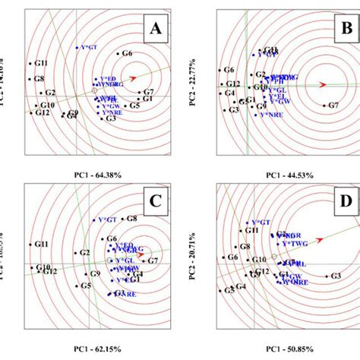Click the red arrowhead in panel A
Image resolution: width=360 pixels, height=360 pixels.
pyautogui.click(x=134, y=77)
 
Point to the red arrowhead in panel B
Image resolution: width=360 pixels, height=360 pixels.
pyautogui.click(x=323, y=84)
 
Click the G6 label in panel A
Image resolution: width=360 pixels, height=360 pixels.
pyautogui.click(x=127, y=53)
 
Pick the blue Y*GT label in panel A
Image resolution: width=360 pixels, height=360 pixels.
pyautogui.click(x=88, y=47)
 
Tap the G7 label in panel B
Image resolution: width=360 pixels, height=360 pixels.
pyautogui.click(x=332, y=106)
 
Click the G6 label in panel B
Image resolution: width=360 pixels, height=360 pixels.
pyautogui.click(x=229, y=70)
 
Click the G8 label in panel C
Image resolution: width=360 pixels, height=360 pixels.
pyautogui.click(x=131, y=219)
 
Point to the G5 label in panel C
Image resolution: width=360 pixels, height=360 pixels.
pyautogui.click(x=86, y=286)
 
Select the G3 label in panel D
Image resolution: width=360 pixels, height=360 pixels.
pyautogui.click(x=335, y=276)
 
